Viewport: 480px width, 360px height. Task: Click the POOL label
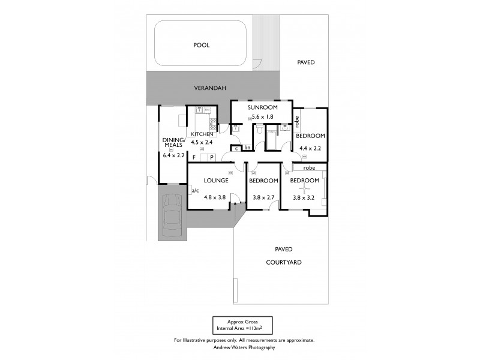[202, 45]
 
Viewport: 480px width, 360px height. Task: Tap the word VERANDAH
[209, 88]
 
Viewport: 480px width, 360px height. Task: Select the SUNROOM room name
[262, 107]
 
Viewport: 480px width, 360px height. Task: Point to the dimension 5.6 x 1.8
[262, 117]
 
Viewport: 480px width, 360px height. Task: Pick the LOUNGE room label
[215, 181]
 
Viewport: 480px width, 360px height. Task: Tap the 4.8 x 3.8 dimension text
[215, 197]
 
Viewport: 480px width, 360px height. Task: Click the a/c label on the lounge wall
[195, 191]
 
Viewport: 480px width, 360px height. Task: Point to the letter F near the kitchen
[193, 158]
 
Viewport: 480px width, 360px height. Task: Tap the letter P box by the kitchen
[211, 158]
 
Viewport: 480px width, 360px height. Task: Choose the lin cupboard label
[247, 148]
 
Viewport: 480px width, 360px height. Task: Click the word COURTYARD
[284, 262]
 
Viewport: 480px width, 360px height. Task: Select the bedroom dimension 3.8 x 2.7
[263, 197]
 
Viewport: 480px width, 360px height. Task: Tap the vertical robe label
[297, 121]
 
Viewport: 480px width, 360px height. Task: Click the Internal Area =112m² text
[242, 329]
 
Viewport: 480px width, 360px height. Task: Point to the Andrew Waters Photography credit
[244, 347]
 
